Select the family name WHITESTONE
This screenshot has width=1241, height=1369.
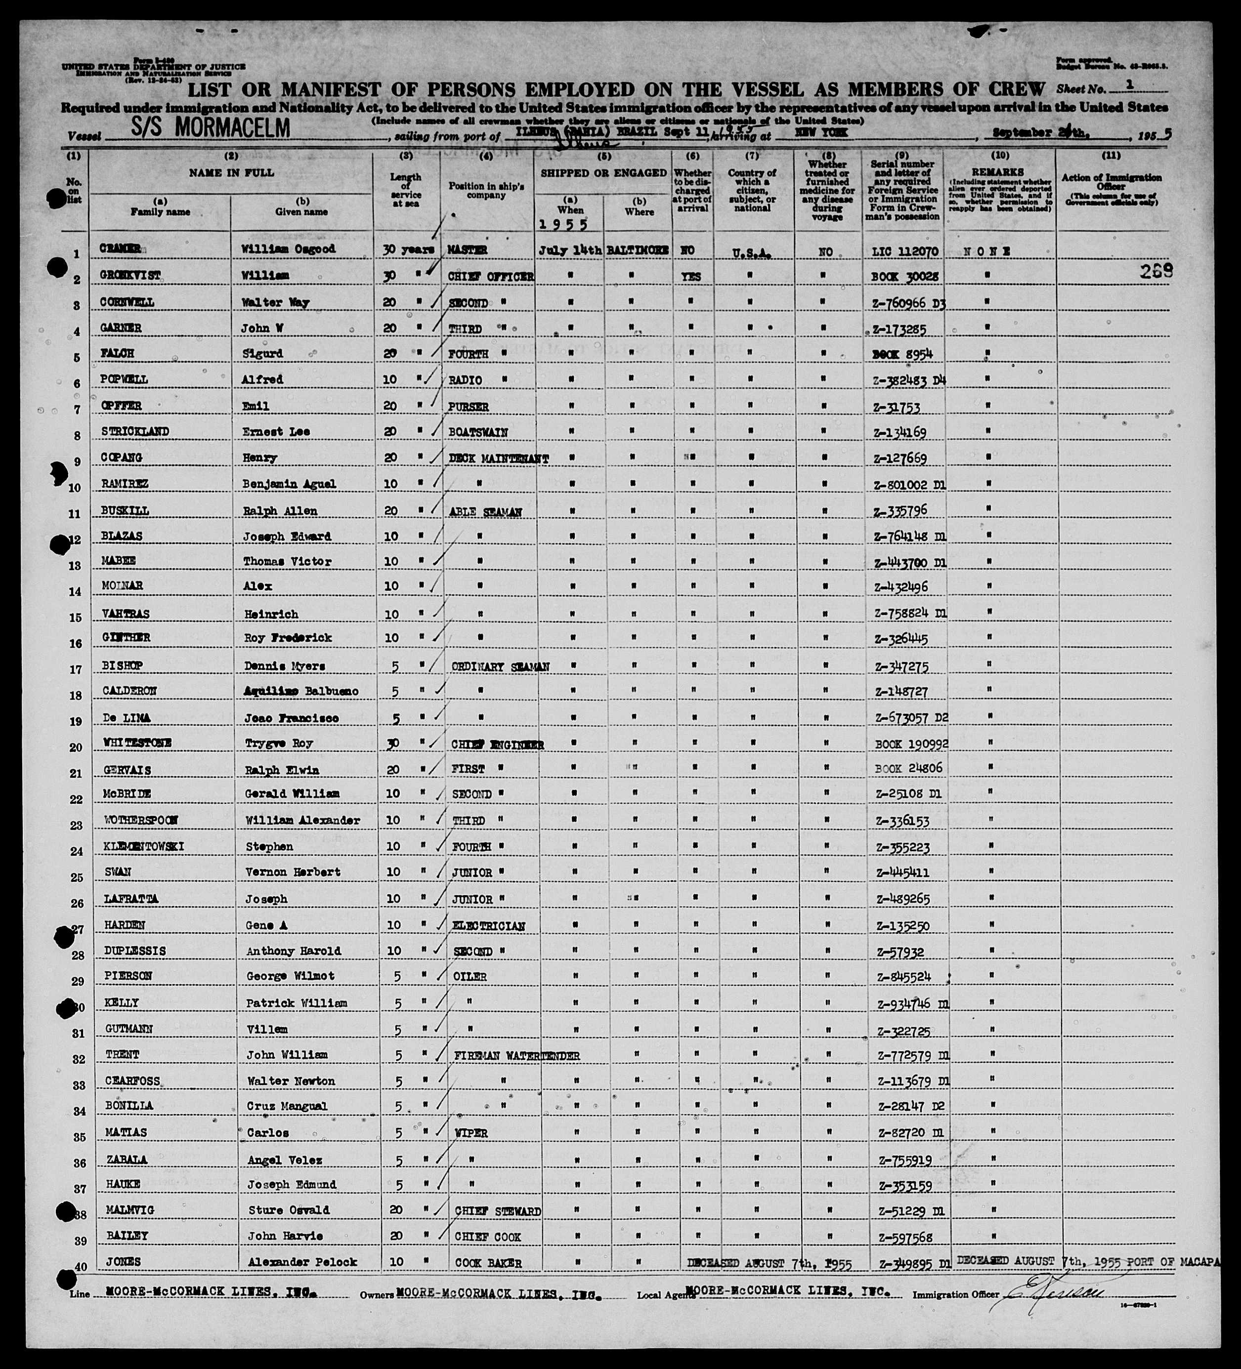[x=138, y=743]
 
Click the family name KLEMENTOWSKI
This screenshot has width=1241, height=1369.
[x=144, y=847]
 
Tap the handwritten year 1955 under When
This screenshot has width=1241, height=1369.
[x=562, y=225]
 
